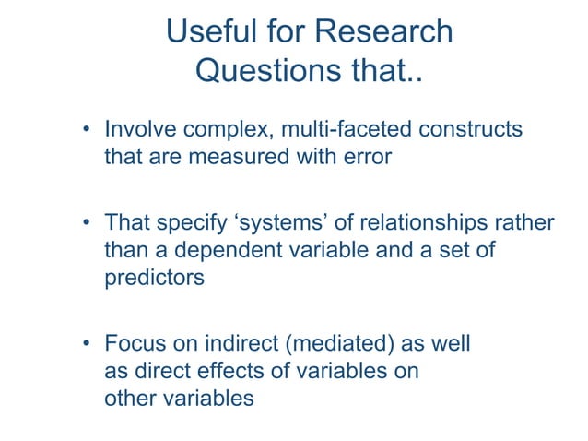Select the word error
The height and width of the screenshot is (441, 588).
pyautogui.click(x=367, y=156)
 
